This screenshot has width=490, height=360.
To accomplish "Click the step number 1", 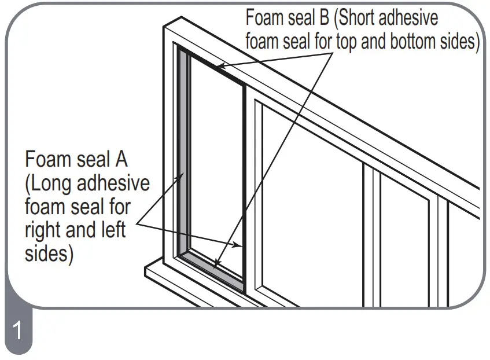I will pos(17,332).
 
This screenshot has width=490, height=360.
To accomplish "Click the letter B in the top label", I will pos(322,17).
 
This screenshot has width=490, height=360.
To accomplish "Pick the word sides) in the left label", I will pos(49,253).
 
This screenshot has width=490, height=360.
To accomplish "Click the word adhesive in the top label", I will pos(410,17).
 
